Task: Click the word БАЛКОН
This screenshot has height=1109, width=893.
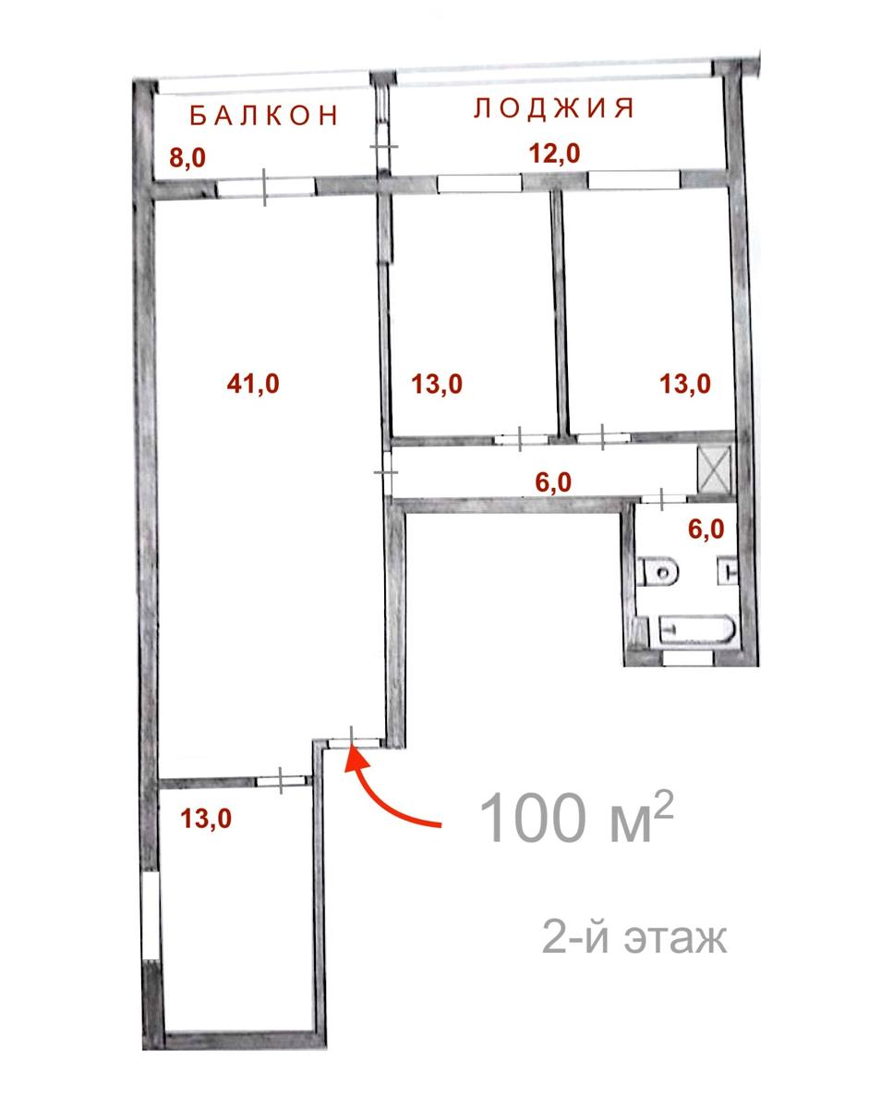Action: click(264, 115)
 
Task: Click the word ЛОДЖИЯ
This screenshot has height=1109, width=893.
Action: click(553, 108)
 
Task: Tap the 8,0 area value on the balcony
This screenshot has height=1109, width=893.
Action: click(187, 157)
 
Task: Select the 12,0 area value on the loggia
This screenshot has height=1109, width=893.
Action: click(555, 153)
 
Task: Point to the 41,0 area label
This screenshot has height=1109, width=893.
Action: click(253, 384)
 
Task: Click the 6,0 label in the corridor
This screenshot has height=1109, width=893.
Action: click(553, 482)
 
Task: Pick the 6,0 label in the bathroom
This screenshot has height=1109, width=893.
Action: click(706, 530)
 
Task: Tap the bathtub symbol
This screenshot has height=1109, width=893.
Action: click(696, 629)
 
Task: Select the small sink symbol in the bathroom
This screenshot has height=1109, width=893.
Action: click(727, 570)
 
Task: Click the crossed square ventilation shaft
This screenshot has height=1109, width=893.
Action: click(713, 470)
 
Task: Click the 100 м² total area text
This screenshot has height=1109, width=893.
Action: click(576, 819)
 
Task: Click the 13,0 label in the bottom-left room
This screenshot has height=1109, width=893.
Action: click(206, 819)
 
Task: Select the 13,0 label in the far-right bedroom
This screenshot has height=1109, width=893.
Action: click(685, 384)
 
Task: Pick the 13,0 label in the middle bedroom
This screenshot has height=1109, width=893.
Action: click(437, 384)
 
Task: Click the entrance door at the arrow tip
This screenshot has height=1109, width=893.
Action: click(354, 743)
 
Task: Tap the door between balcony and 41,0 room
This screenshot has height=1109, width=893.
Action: click(265, 187)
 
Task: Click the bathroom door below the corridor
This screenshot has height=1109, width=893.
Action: click(663, 498)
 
